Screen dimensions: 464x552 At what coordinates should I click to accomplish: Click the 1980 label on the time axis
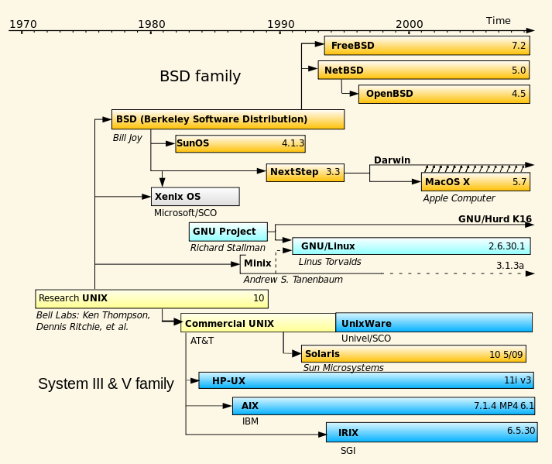151,24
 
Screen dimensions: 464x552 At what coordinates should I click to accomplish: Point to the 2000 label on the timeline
409,24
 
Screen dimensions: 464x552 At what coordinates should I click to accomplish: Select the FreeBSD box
427,46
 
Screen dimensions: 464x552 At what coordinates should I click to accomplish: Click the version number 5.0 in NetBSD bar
519,70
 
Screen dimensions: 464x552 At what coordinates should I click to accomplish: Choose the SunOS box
240,143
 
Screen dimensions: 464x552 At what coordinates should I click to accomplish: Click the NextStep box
305,172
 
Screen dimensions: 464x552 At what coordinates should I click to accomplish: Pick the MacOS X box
475,182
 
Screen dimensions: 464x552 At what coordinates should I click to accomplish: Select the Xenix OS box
195,197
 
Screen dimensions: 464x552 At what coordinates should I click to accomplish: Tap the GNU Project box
228,232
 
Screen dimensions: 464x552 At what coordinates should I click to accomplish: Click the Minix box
258,263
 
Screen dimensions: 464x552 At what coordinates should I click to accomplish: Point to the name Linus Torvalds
330,262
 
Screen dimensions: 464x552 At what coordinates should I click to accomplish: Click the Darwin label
392,160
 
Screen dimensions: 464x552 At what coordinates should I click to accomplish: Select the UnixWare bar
434,323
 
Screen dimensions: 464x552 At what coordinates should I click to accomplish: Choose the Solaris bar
413,354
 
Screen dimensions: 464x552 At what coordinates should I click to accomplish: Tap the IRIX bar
431,432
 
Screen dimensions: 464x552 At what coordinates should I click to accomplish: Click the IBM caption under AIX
250,421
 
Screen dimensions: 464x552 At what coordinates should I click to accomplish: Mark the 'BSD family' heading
200,76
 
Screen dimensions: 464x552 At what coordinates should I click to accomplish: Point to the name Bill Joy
127,138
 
